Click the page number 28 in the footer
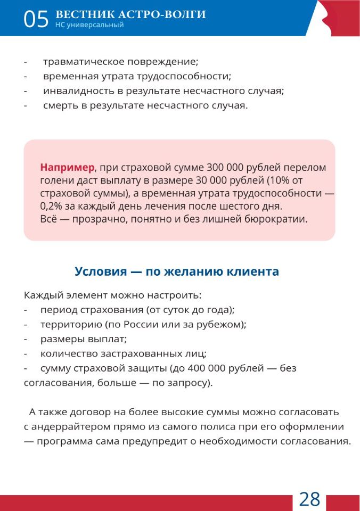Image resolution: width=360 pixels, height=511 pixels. [x=309, y=499]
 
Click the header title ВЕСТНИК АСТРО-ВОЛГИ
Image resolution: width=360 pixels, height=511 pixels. [x=130, y=14]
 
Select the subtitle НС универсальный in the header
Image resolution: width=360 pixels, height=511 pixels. [x=89, y=25]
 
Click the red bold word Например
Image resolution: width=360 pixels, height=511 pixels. [x=67, y=168]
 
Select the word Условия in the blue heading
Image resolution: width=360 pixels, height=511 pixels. [x=100, y=271]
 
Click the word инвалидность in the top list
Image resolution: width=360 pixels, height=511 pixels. [x=76, y=90]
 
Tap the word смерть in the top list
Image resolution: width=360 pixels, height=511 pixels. [x=60, y=105]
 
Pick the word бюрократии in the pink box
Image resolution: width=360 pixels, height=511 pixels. [x=280, y=219]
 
